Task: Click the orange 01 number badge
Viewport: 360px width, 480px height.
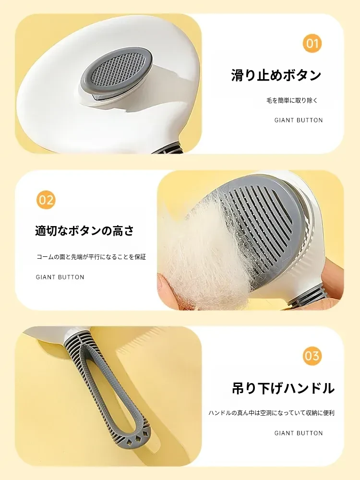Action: (312, 44)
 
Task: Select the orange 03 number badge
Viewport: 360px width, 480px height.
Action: (312, 356)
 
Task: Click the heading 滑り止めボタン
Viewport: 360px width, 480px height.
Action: (276, 76)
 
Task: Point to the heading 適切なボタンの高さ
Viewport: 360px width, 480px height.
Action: (84, 231)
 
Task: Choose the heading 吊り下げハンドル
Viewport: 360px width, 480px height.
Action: (283, 388)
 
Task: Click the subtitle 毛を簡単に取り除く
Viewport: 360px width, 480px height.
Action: (292, 100)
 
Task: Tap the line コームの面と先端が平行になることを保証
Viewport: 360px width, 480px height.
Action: (91, 257)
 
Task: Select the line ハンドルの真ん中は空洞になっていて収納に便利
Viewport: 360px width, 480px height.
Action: (272, 413)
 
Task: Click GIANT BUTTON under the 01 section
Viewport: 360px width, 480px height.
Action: (299, 120)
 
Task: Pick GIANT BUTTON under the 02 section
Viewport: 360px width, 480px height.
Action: (60, 277)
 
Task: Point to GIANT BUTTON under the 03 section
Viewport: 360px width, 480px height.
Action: (299, 433)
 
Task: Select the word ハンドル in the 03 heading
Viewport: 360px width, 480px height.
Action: (309, 388)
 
